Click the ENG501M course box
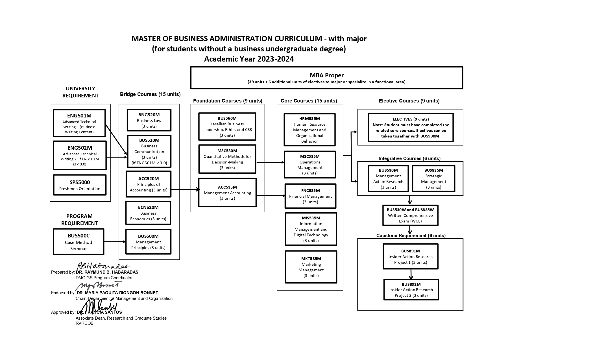pyautogui.click(x=79, y=123)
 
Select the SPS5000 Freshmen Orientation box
pyautogui.click(x=80, y=185)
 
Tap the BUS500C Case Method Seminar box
pyautogui.click(x=79, y=242)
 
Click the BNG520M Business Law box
pyautogui.click(x=149, y=120)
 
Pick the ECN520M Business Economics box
pyautogui.click(x=148, y=213)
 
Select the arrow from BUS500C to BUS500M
pyautogui.click(x=115, y=242)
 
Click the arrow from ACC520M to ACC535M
pyautogui.click(x=185, y=189)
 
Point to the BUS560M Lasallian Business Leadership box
pyautogui.click(x=227, y=126)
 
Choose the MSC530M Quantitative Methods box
pyautogui.click(x=227, y=159)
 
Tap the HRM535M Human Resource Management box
pyautogui.click(x=309, y=130)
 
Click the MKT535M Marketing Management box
pyautogui.click(x=311, y=267)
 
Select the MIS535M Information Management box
pyautogui.click(x=311, y=229)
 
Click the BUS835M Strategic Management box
pyautogui.click(x=433, y=178)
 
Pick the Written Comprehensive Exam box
pyautogui.click(x=410, y=215)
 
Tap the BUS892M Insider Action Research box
pyautogui.click(x=411, y=290)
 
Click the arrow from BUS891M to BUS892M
pyautogui.click(x=411, y=274)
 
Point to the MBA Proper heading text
pyautogui.click(x=327, y=75)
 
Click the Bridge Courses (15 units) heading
pyautogui.click(x=150, y=94)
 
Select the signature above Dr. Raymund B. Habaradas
pyautogui.click(x=103, y=266)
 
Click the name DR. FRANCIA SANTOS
pyautogui.click(x=99, y=312)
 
